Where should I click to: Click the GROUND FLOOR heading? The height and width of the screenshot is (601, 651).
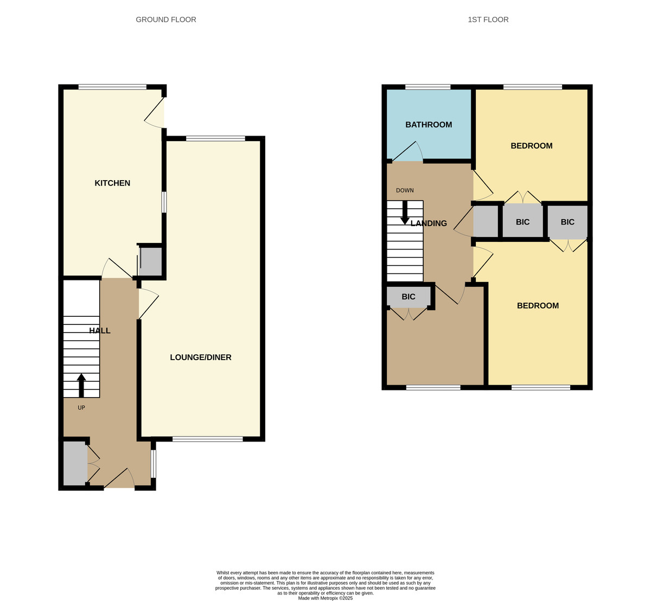166,20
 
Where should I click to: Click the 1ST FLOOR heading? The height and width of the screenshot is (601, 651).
488,20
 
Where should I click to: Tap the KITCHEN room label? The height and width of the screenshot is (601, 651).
112,183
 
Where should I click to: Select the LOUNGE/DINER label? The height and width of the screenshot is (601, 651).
201,357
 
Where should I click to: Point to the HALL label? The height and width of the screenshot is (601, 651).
100,330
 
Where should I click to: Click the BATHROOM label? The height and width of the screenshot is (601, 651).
429,125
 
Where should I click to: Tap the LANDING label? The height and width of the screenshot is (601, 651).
429,223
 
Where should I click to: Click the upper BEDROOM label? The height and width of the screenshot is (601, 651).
531,146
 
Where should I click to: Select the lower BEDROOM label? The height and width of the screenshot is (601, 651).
538,306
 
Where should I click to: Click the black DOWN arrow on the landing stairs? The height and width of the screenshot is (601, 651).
405,213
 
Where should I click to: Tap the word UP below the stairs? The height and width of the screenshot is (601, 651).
81,407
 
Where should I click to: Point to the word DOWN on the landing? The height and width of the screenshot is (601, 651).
405,190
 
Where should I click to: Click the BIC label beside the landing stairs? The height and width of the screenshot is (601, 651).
409,297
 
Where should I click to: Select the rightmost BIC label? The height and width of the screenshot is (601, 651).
567,222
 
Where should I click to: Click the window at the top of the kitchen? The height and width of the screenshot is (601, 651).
112,87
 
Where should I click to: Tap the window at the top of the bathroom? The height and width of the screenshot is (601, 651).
427,87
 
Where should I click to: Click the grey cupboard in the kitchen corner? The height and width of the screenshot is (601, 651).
151,261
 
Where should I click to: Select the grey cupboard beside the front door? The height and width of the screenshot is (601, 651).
75,463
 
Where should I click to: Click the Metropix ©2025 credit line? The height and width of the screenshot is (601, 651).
325,598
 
